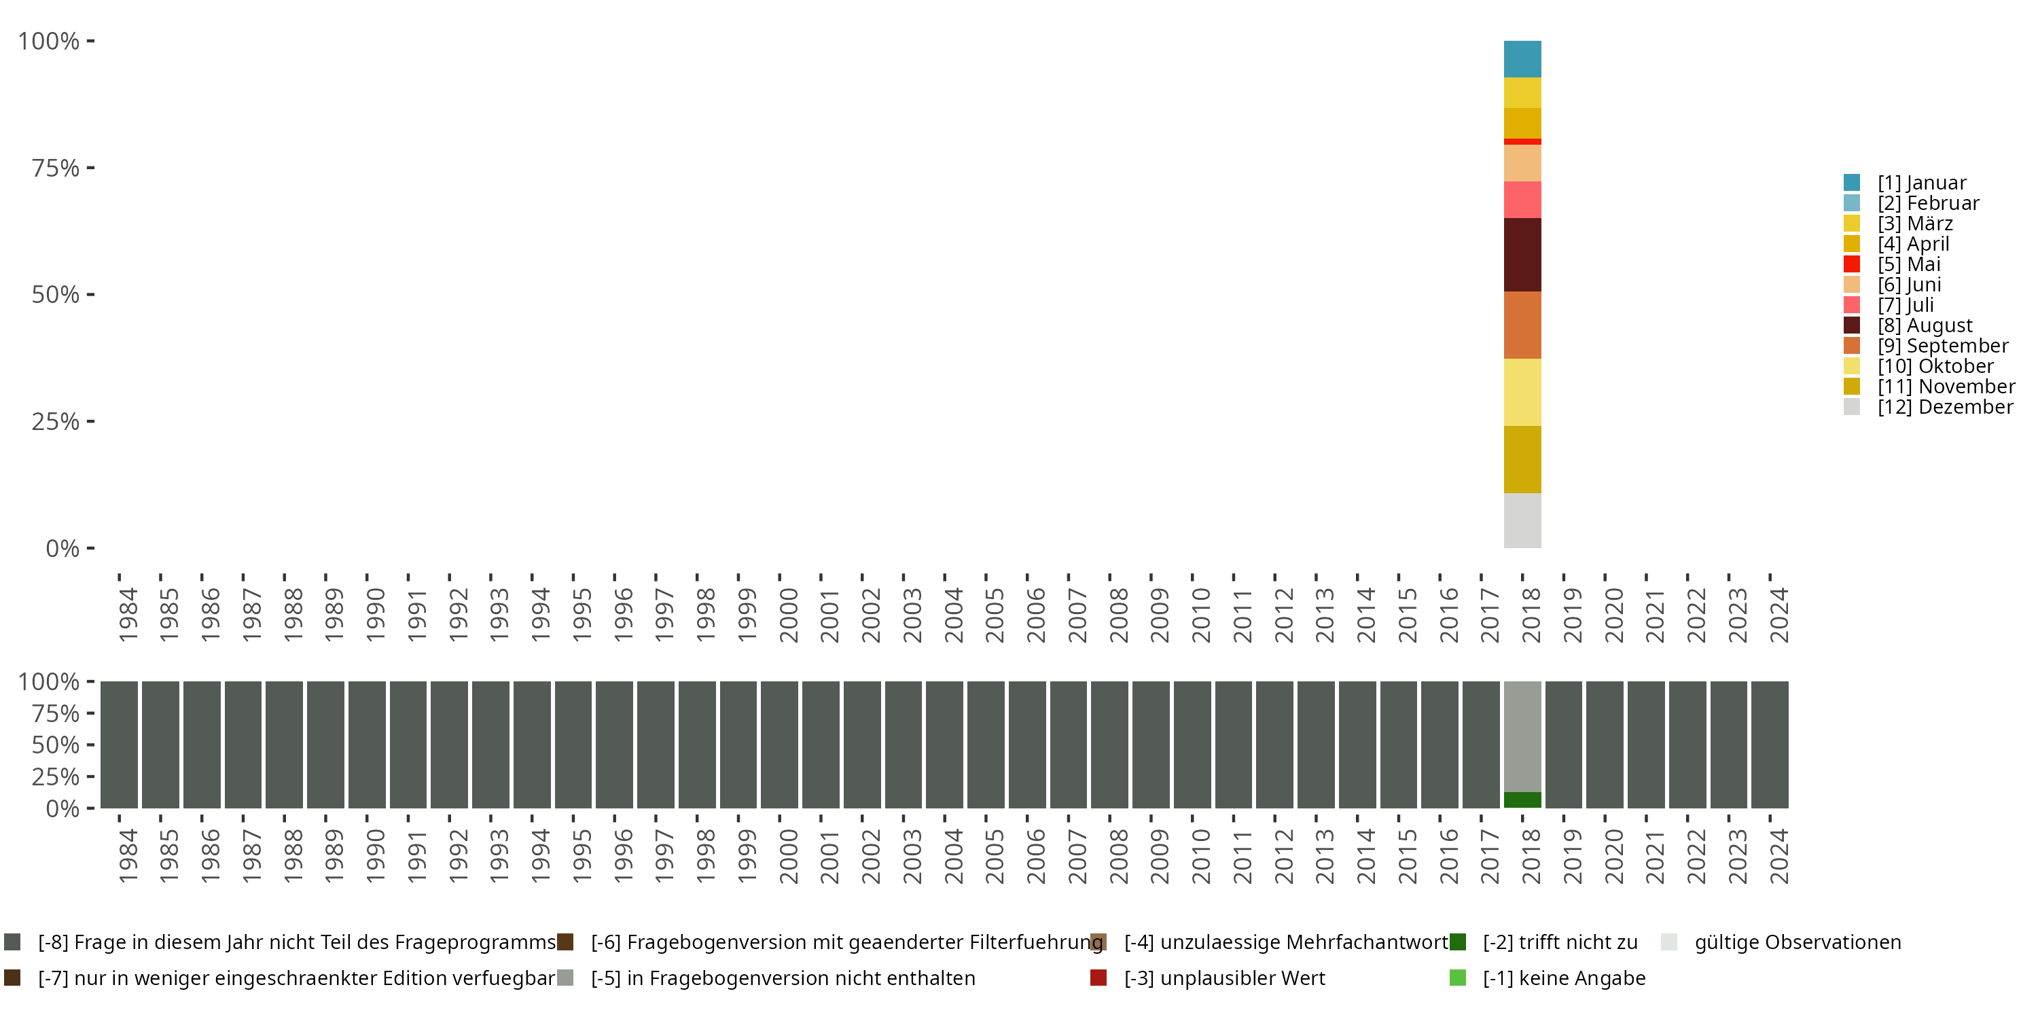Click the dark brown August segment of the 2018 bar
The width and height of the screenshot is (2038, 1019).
pos(1522,254)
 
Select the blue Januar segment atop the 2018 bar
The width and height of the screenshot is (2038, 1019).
pos(1522,58)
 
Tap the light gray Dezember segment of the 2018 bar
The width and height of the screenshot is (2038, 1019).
pos(1522,520)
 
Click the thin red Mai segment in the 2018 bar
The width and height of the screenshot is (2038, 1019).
pos(1522,141)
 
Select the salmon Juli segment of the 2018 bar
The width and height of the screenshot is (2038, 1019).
pos(1522,199)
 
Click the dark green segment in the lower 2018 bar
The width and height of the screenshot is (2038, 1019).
pos(1522,800)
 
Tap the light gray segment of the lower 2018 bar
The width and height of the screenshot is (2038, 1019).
pos(1522,736)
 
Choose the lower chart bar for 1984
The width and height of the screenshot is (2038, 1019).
pos(120,745)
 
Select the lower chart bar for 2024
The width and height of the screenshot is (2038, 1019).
pos(1770,745)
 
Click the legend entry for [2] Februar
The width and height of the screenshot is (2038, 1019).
pos(1928,203)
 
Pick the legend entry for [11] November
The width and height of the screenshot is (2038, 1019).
pos(1946,386)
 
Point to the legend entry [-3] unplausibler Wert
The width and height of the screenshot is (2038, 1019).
pos(1223,978)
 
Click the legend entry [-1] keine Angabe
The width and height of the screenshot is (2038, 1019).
pos(1563,978)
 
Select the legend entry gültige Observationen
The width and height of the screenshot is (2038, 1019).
pos(1797,942)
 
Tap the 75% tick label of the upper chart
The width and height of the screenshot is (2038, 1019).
pos(56,168)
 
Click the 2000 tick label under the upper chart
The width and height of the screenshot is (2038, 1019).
pos(789,615)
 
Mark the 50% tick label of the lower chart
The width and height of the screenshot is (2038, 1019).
pos(56,745)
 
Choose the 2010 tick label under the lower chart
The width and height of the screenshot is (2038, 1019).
pos(1201,856)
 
